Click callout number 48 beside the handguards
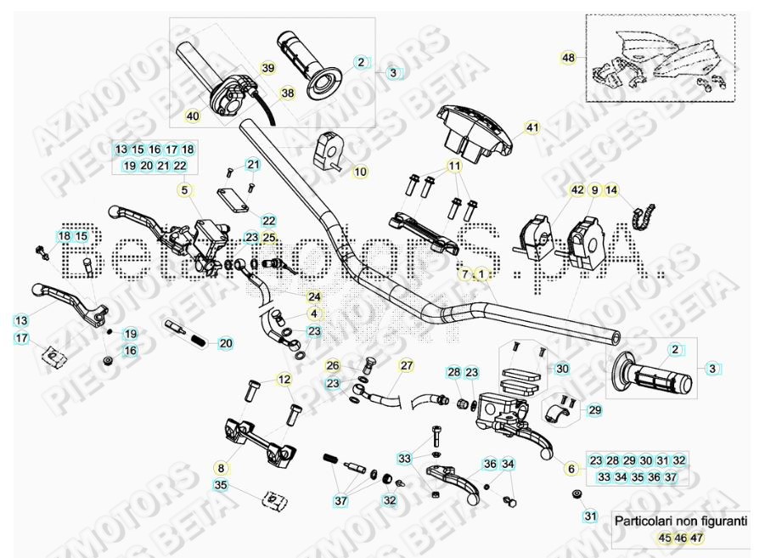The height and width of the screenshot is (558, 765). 568,58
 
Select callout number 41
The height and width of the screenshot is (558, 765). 532,128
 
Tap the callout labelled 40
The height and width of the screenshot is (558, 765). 193,116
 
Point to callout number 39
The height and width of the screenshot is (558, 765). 267,68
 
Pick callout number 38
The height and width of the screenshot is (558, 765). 287,93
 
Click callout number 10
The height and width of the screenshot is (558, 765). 360,172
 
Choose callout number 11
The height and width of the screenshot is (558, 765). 454,166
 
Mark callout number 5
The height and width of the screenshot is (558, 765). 186,189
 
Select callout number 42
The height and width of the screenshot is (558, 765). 577,190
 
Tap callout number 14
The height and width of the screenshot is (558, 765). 611,190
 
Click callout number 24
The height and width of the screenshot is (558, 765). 314,296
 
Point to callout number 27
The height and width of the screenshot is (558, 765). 407,366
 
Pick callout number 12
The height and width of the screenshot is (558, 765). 284,379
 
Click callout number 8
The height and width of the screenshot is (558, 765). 221,467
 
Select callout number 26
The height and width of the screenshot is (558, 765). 333,366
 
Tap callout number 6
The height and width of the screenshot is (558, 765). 571,468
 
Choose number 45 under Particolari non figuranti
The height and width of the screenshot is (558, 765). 664,538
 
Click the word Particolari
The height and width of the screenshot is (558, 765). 643,521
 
